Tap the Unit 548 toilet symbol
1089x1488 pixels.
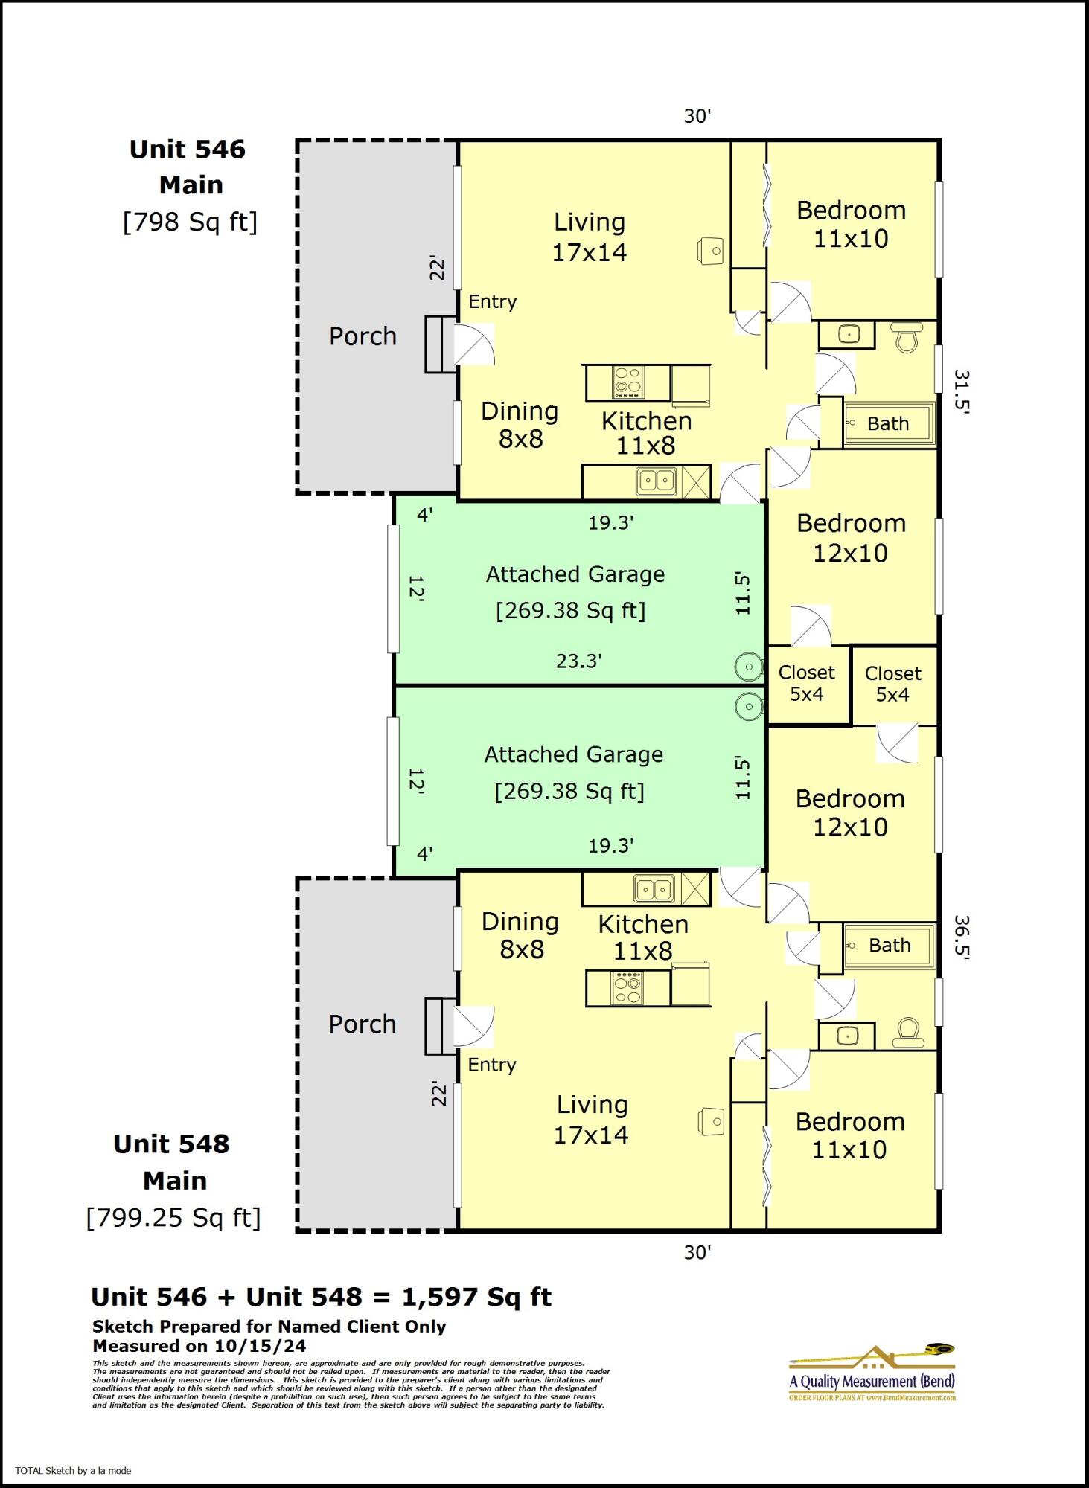pos(907,1033)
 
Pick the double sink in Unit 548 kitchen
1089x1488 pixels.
pos(655,888)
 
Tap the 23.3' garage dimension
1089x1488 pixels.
pos(578,661)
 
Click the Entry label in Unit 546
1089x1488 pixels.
pos(492,301)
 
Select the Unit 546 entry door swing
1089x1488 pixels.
pos(473,344)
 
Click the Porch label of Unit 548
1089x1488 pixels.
pos(363,1024)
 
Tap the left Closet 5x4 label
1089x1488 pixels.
pos(807,683)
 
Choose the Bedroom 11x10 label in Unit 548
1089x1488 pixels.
pos(850,1135)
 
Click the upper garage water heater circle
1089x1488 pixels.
pos(748,667)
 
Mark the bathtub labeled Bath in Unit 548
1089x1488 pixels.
pos(889,946)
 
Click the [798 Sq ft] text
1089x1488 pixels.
pos(190,222)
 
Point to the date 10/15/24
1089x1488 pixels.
pos(260,1346)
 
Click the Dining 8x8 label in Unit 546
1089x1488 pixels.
pos(520,425)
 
